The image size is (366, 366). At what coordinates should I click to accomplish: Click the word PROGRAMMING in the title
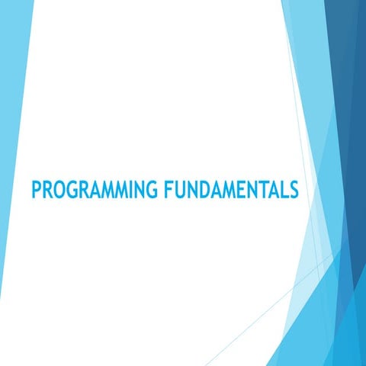click(93, 189)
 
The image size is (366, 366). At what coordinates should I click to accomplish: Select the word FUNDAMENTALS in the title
click(230, 189)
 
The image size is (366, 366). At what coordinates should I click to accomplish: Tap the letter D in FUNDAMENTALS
click(201, 189)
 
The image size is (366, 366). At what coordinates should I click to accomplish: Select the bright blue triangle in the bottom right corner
click(343, 335)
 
